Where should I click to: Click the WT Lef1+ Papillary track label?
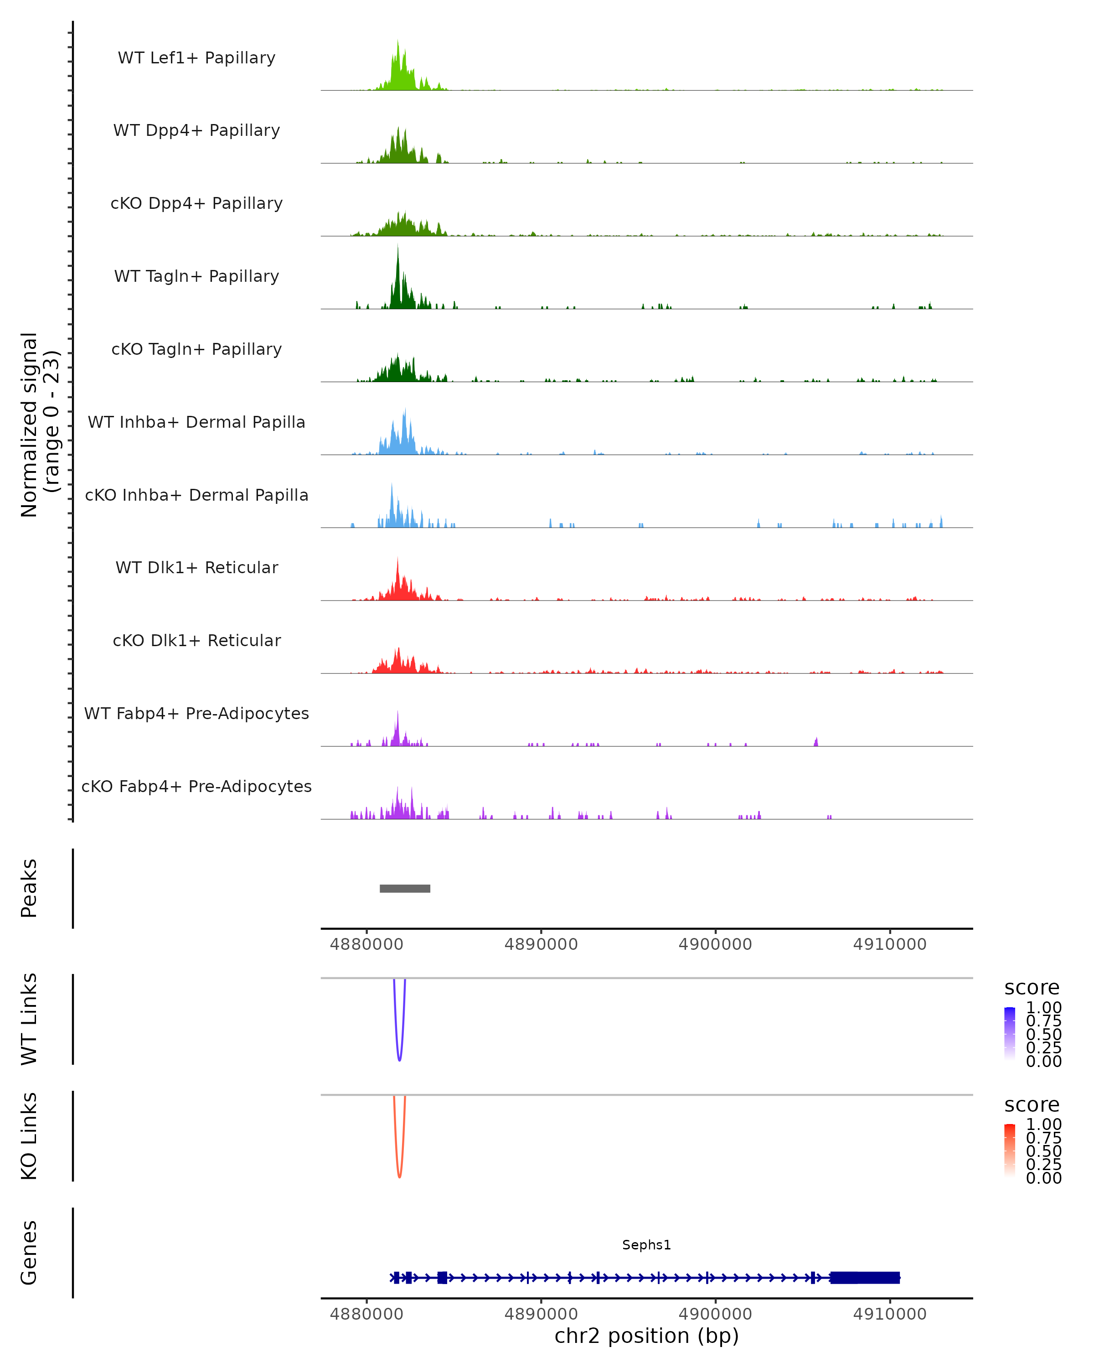196,58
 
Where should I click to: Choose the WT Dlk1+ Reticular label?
196,567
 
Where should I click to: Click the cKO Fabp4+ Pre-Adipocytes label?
196,786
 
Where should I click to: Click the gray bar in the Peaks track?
405,888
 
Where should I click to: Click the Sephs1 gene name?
646,1245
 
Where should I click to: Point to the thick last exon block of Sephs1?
864,1277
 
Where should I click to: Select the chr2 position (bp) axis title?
646,1336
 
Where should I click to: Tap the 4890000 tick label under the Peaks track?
541,944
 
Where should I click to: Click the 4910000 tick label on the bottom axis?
889,1314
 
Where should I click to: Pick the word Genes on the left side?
29,1253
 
